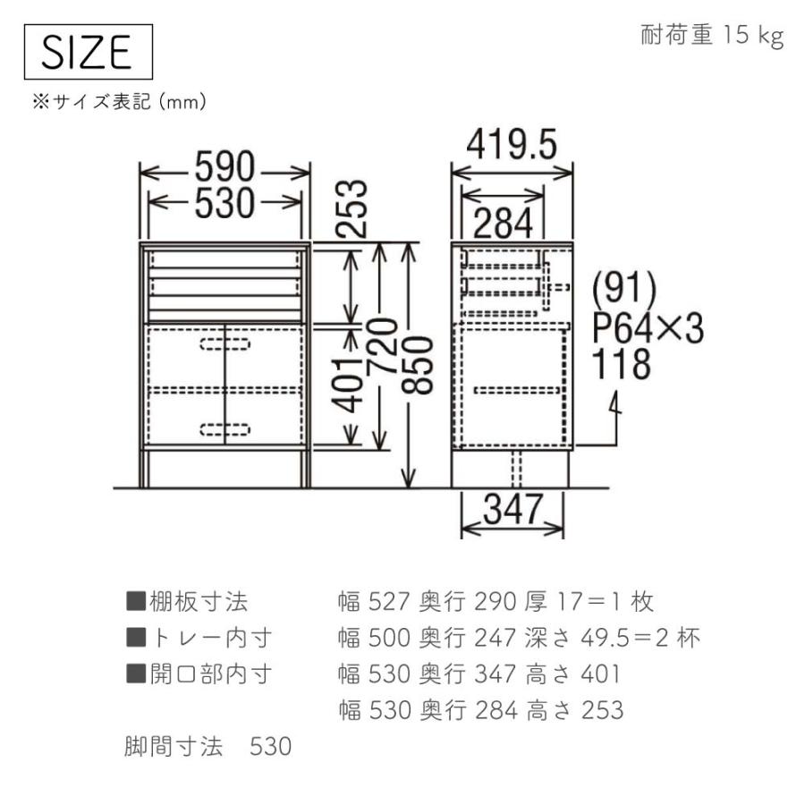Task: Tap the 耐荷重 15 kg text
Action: (712, 36)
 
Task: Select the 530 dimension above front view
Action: (226, 204)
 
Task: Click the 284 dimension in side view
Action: (504, 222)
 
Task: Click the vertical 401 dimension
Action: (355, 383)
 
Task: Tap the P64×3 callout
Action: (648, 329)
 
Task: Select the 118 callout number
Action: (623, 365)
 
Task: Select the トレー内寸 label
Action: (198, 638)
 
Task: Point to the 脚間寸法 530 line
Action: (208, 746)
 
